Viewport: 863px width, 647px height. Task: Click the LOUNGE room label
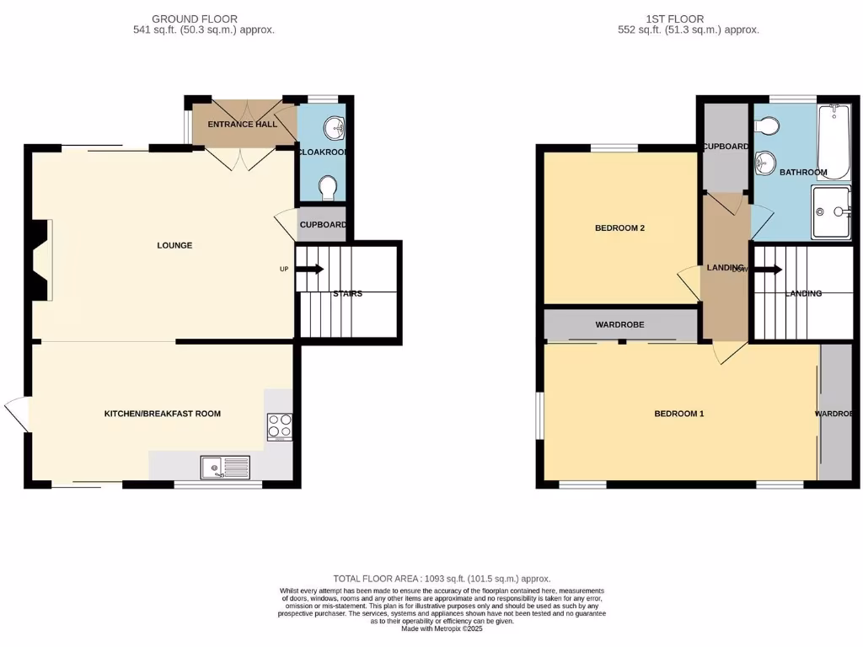coord(174,245)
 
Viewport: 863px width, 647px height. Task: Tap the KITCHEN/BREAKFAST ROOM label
coord(162,414)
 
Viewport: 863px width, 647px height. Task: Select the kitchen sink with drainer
coord(226,467)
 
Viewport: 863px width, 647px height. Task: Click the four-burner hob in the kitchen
coord(280,427)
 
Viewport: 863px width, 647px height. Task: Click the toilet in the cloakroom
coord(329,185)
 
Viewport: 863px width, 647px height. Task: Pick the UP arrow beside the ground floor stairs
coord(309,270)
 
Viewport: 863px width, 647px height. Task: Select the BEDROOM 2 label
coord(619,227)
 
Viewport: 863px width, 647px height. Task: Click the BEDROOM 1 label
coord(678,414)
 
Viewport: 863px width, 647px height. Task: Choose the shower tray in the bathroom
coord(830,212)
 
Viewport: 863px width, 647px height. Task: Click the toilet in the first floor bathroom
coord(767,126)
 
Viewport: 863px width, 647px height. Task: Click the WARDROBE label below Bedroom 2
coord(619,324)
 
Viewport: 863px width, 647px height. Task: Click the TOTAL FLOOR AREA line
coord(442,579)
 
